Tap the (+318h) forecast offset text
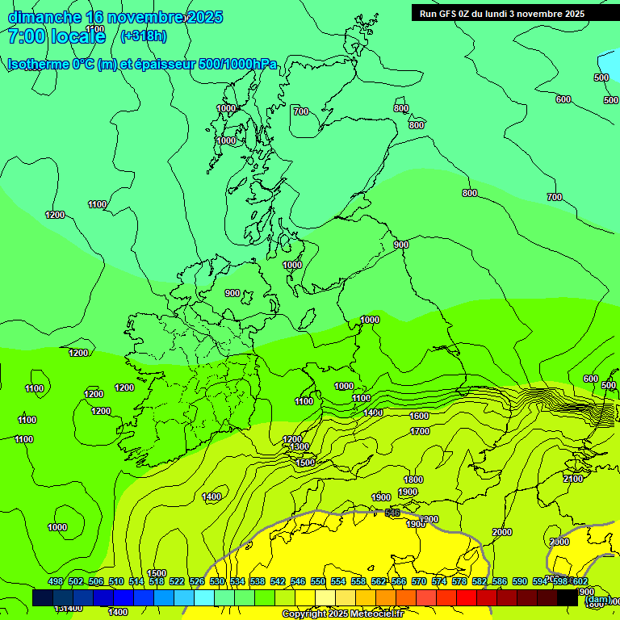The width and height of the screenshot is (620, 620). [x=143, y=36]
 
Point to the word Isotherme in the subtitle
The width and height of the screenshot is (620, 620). [x=36, y=65]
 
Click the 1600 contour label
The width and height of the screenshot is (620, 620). [x=419, y=416]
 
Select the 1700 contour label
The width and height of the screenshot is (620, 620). [x=420, y=432]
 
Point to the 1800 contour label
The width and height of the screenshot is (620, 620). [x=413, y=480]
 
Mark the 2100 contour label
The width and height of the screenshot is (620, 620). [x=572, y=479]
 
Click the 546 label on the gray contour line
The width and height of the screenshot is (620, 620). [x=393, y=513]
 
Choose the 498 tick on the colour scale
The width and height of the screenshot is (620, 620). [x=56, y=582]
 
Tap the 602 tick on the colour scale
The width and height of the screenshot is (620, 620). [x=579, y=582]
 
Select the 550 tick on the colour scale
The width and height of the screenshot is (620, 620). [x=317, y=582]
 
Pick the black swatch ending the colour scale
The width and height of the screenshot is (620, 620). [x=568, y=597]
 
